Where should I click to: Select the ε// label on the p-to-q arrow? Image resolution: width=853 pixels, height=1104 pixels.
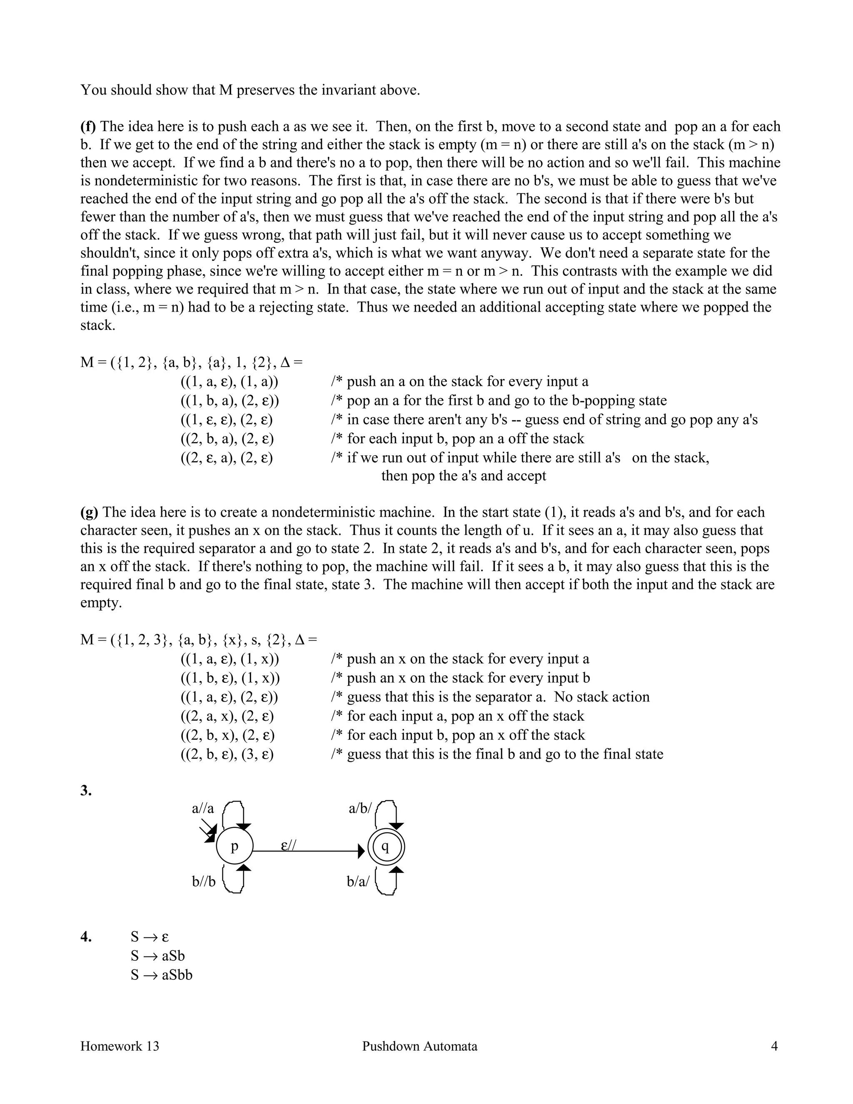coord(289,845)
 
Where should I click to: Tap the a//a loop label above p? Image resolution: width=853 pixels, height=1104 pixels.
coord(203,809)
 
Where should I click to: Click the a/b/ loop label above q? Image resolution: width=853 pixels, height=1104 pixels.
coord(360,809)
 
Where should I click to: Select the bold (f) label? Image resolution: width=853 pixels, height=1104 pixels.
coord(88,126)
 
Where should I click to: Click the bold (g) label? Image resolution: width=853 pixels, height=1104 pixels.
coord(89,512)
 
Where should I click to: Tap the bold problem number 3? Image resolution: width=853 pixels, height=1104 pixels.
coord(86,791)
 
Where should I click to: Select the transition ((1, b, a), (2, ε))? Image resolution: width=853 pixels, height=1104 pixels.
coord(229,401)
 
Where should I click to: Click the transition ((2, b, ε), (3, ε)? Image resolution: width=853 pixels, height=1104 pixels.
coord(227,754)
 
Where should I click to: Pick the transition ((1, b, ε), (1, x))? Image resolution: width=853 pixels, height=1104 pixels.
coord(230,678)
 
